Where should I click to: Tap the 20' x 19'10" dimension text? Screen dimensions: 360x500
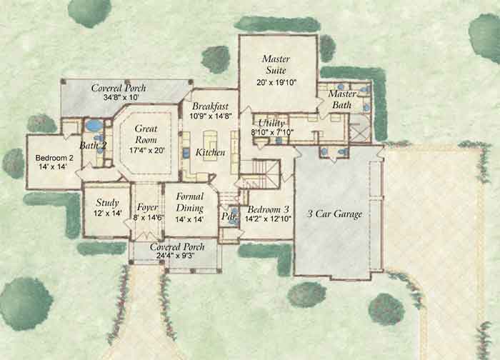tap(276, 83)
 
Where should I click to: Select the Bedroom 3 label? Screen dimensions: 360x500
tap(266, 209)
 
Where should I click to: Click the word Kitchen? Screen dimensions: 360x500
tap(211, 153)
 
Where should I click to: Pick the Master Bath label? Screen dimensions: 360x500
tap(342, 100)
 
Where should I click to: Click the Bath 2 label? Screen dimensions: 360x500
tap(93, 146)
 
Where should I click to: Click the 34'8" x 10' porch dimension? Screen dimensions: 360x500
tap(119, 98)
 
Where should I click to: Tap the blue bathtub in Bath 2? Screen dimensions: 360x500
tap(93, 126)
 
